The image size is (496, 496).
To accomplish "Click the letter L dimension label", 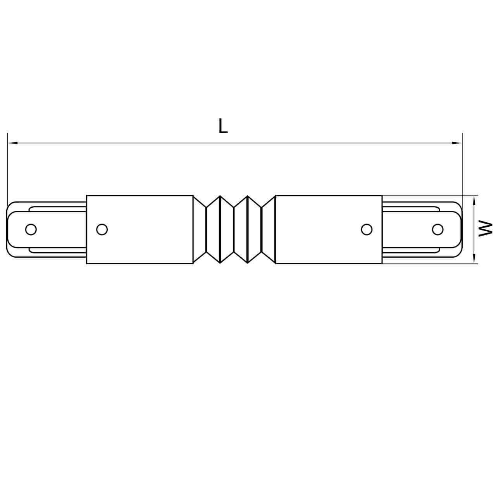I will click(223, 126).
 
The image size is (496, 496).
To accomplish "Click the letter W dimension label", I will click(485, 229).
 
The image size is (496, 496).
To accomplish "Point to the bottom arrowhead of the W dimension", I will click(474, 259).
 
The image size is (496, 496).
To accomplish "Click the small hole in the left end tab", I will click(31, 229).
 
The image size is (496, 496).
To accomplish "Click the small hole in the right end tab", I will click(438, 229).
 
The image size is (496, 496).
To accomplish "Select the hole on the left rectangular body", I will click(102, 229).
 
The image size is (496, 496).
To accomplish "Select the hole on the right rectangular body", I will click(366, 229).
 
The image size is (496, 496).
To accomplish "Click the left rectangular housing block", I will click(139, 217).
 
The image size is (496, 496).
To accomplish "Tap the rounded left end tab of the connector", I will click(17, 229).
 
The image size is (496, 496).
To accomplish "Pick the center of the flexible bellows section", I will click(234, 229).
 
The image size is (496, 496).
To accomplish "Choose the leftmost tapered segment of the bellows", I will click(200, 229).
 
